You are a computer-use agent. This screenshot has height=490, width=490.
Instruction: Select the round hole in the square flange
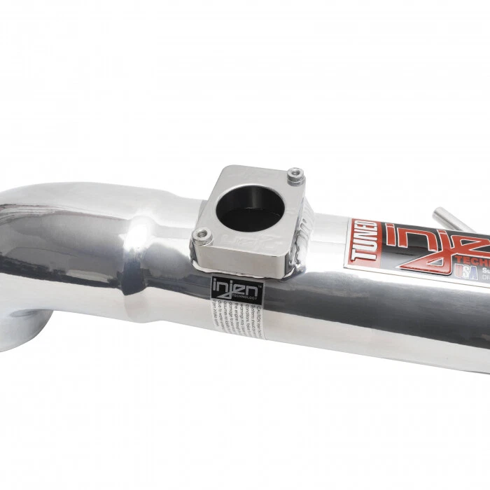point(250,206)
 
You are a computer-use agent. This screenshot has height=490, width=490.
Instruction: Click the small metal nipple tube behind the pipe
point(451,218)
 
